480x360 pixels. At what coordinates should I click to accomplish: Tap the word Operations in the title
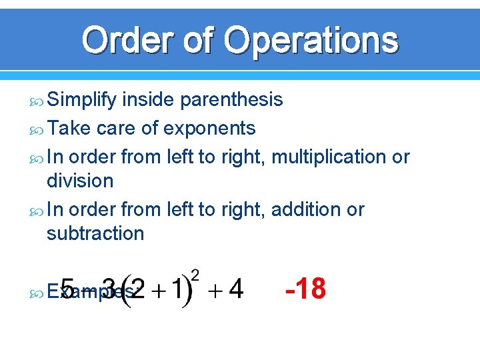coord(311,41)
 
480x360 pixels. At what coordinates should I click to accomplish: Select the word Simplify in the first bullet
coord(81,100)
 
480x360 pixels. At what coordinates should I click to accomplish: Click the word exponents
coord(210,127)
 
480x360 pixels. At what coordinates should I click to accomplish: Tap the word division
coord(80,181)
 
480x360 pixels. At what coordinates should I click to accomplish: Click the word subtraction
coord(95,233)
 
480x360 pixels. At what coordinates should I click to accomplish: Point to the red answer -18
coord(305,289)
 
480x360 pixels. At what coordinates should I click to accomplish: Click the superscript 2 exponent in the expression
coord(196,274)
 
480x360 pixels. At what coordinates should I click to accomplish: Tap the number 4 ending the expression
coord(235,289)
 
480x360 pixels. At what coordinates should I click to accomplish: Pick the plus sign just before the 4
coord(213,291)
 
